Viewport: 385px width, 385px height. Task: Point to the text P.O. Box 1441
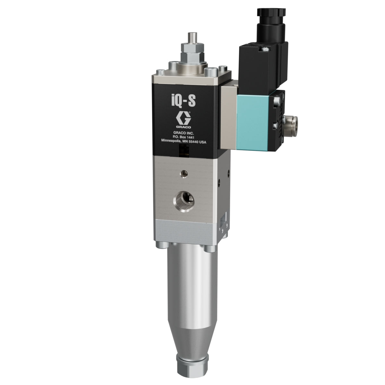pos(184,137)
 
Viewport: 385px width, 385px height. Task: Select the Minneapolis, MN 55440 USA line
pos(184,141)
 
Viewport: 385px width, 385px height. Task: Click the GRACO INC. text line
pos(184,133)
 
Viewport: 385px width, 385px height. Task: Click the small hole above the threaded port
pos(184,174)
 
